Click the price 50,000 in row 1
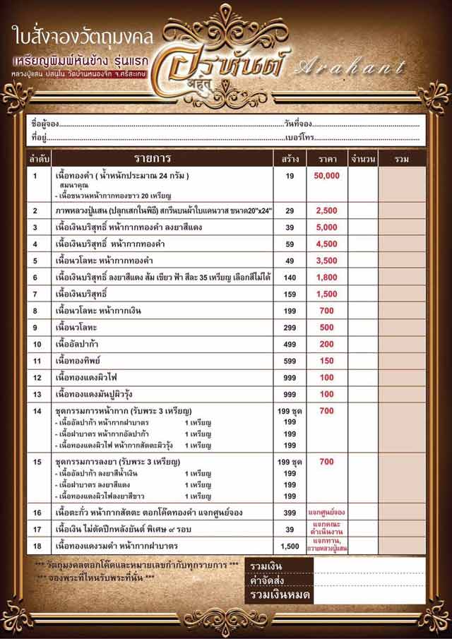[x=326, y=175]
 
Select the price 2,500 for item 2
[x=326, y=210]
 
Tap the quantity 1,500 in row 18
[x=290, y=546]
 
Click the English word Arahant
[x=352, y=68]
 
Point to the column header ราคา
[x=326, y=158]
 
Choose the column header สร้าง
[x=290, y=158]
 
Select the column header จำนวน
[x=362, y=158]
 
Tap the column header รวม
[x=402, y=158]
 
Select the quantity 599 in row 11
[x=290, y=361]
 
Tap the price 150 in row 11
[x=326, y=361]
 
